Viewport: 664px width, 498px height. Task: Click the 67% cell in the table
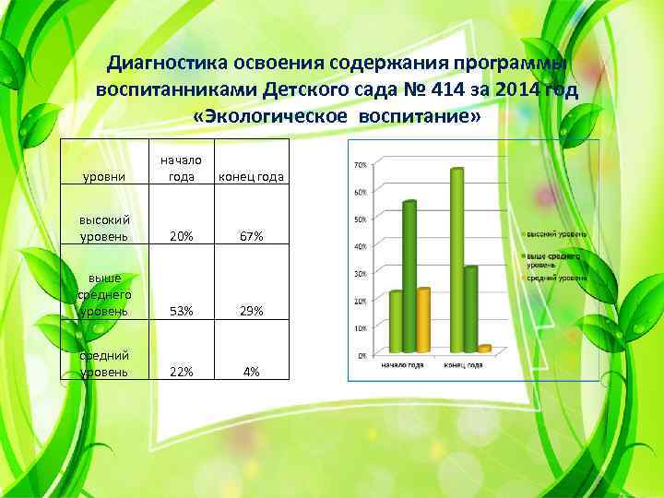coord(252,237)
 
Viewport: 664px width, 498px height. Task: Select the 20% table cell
coord(183,237)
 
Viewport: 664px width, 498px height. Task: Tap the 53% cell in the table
coord(183,312)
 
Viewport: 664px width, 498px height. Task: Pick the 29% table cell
coord(252,312)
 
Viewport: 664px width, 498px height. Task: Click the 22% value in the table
coord(183,372)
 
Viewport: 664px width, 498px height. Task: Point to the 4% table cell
coord(252,372)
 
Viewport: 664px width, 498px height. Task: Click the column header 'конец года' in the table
coord(252,177)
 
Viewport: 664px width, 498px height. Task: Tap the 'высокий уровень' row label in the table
coord(104,229)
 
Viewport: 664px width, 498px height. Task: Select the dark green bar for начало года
coord(409,276)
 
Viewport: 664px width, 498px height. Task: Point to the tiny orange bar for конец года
coord(483,349)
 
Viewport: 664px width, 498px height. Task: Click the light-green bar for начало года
coord(396,322)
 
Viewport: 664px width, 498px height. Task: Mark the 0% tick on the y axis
coord(362,355)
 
